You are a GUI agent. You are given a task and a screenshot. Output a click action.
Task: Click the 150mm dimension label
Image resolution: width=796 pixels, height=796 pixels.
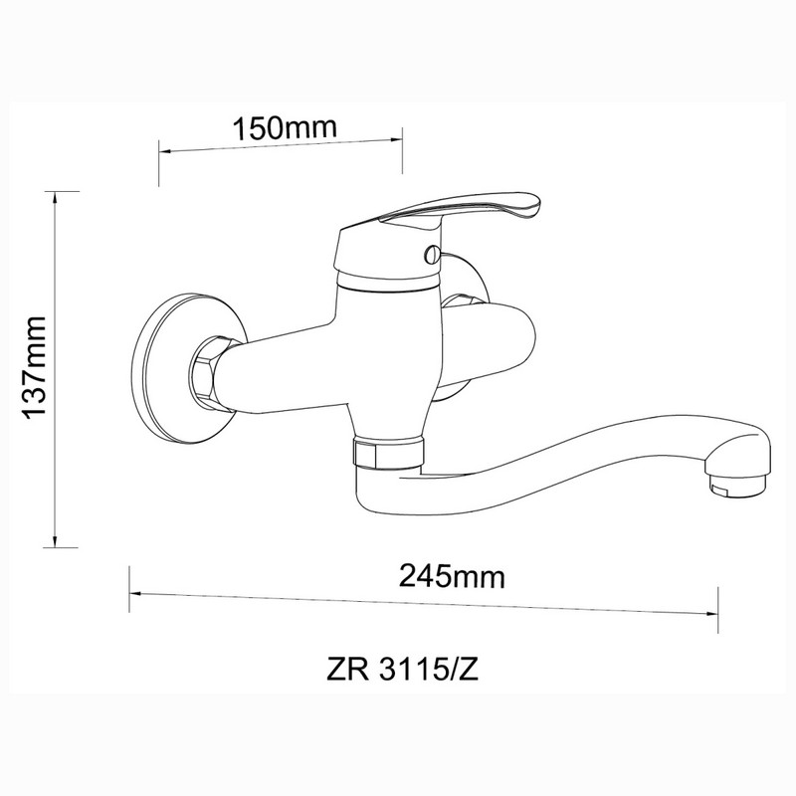click(x=285, y=128)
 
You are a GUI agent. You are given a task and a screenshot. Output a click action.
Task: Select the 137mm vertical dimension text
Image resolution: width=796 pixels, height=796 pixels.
click(x=36, y=367)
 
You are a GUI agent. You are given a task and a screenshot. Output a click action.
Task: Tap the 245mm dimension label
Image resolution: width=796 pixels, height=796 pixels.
click(x=452, y=577)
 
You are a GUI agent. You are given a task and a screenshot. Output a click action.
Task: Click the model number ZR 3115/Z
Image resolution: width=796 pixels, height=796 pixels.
click(x=402, y=670)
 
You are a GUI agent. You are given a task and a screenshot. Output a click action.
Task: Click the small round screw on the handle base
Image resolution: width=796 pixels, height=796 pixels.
click(x=433, y=253)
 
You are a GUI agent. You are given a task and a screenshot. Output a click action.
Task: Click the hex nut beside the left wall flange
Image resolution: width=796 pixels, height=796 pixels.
click(x=207, y=369)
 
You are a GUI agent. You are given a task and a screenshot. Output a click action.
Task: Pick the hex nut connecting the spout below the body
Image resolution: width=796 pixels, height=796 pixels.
click(x=387, y=451)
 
